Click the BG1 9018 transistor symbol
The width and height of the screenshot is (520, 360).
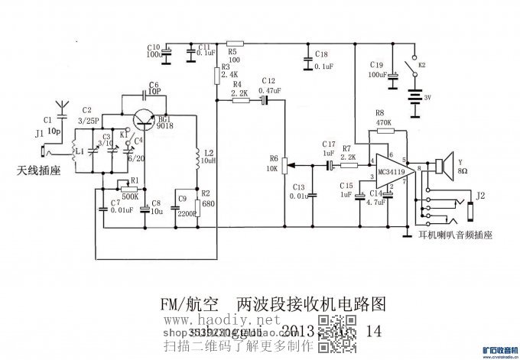[142, 119]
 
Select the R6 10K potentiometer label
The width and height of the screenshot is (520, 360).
[274, 164]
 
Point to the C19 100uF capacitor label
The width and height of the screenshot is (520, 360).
[377, 70]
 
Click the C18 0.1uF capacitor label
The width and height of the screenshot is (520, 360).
[322, 60]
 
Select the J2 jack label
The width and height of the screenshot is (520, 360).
[480, 196]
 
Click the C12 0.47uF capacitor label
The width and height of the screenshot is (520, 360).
[268, 85]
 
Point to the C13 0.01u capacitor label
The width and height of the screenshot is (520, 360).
[299, 191]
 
